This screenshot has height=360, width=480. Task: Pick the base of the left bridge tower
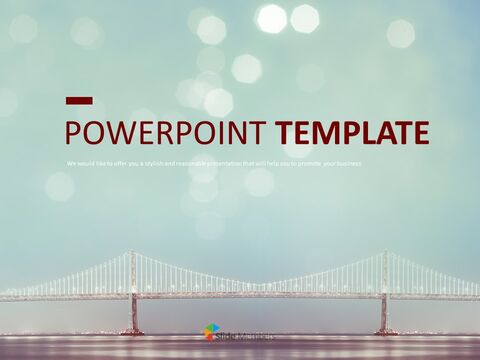[130, 329]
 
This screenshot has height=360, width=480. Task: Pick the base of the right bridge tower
[382, 329]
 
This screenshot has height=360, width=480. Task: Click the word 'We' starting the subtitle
[70, 163]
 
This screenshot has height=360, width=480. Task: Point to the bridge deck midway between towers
[256, 296]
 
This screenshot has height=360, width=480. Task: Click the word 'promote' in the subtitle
[300, 163]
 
